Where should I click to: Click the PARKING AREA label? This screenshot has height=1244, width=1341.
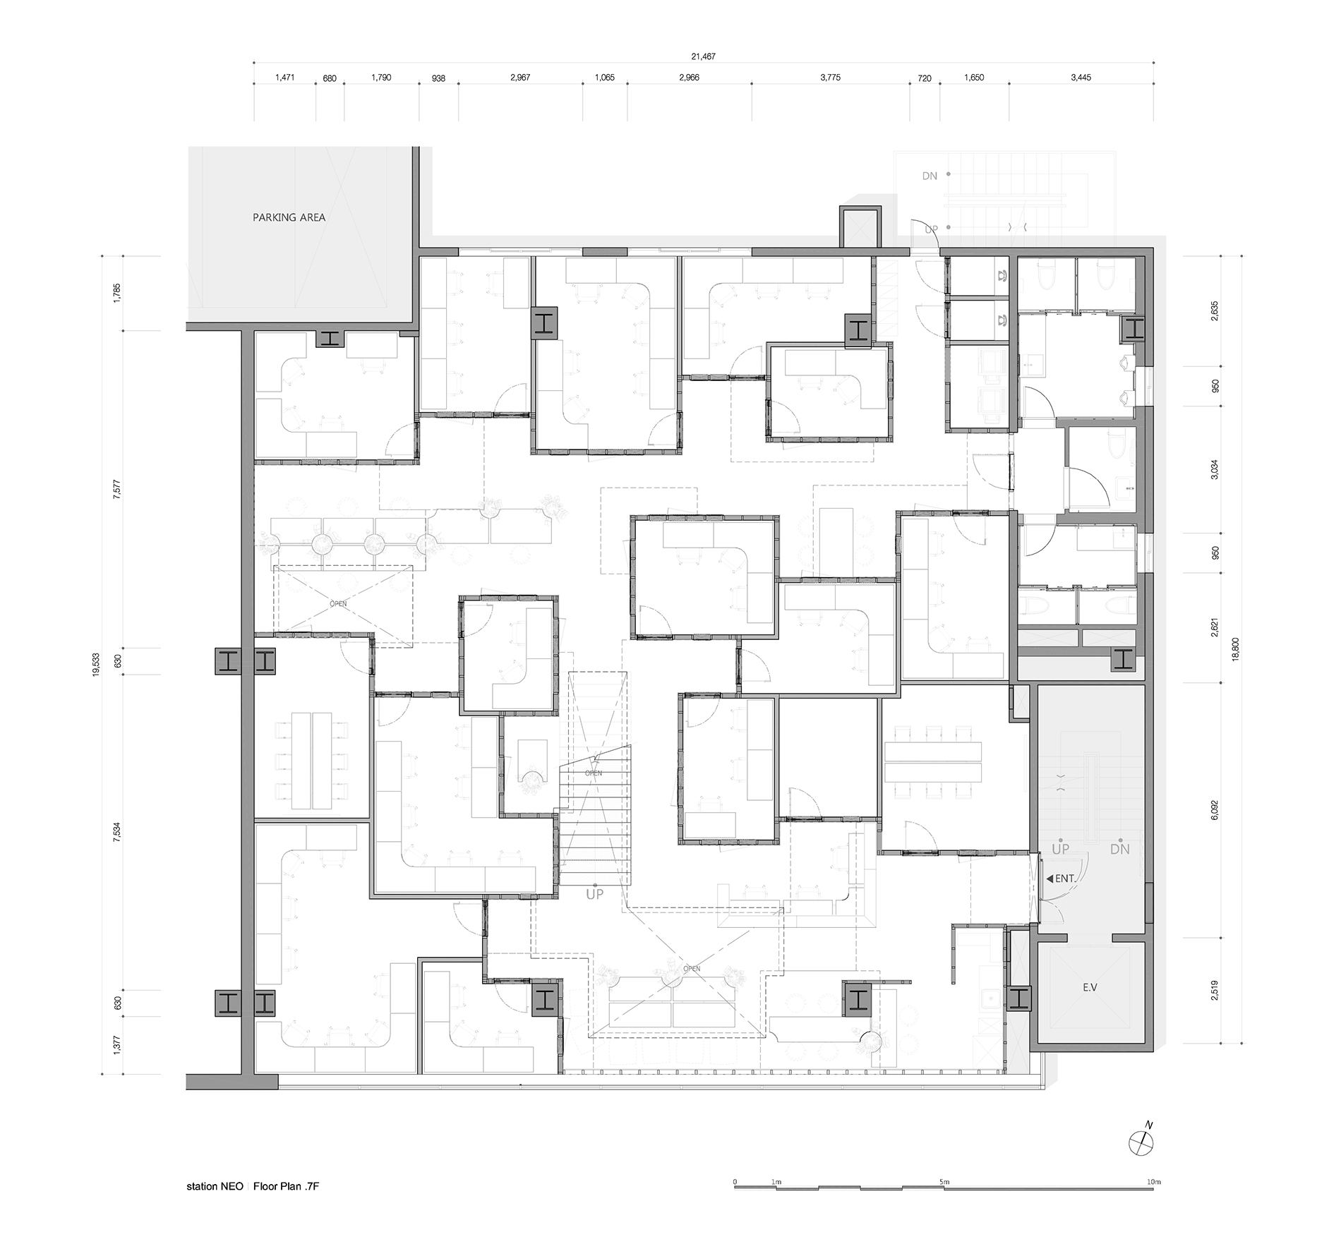click(289, 217)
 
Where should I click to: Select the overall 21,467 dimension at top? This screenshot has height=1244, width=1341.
click(704, 56)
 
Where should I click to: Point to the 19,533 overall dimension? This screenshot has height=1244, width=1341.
click(96, 665)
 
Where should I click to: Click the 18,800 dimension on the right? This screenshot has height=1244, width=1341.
click(1234, 649)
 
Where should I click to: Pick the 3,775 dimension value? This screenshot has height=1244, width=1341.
click(830, 78)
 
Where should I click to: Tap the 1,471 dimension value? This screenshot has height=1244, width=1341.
click(284, 78)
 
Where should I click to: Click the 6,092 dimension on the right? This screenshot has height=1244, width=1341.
click(1215, 809)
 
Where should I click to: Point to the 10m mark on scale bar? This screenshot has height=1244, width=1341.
click(1153, 1182)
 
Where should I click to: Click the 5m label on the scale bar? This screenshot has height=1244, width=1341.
click(944, 1182)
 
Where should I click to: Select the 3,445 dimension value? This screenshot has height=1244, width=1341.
click(1081, 78)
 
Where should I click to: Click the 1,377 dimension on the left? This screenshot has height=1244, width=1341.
click(118, 1045)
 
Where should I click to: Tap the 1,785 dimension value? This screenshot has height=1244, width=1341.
click(118, 293)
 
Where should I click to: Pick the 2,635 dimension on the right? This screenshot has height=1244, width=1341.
click(1215, 311)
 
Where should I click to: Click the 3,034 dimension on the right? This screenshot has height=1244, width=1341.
click(1215, 469)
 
